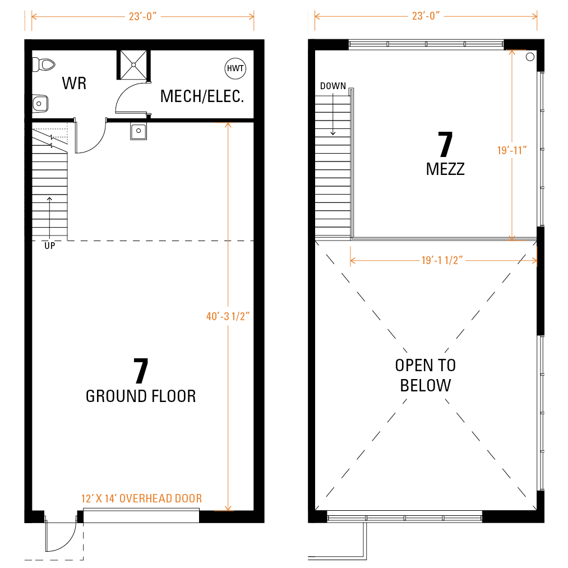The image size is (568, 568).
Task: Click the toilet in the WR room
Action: tap(44, 65)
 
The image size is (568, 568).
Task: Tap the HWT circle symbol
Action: tap(235, 68)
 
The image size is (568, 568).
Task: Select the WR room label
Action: tap(74, 84)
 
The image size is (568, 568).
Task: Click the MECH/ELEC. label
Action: tap(202, 96)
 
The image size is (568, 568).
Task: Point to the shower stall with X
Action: tap(133, 65)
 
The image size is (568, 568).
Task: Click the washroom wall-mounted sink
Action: tap(40, 104)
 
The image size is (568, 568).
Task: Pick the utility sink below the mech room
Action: tap(138, 131)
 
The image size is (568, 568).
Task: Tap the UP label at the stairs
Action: tap(50, 246)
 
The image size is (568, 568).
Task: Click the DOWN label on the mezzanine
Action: tap(333, 86)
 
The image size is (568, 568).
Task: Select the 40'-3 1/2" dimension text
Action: tap(228, 316)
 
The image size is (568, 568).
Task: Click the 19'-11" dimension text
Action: tap(512, 150)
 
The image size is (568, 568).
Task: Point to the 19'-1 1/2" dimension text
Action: tap(442, 261)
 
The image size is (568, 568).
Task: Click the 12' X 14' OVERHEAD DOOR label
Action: tap(142, 498)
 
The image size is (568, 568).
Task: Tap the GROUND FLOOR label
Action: tap(141, 396)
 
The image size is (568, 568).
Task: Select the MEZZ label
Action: tap(445, 169)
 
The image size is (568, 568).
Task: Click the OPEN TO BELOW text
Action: tap(426, 375)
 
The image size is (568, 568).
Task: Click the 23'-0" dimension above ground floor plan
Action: tap(143, 17)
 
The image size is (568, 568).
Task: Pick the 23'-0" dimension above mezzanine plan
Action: tap(426, 16)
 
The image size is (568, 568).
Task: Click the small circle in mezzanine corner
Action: tap(530, 57)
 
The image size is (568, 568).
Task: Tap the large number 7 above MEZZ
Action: tap(445, 144)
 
